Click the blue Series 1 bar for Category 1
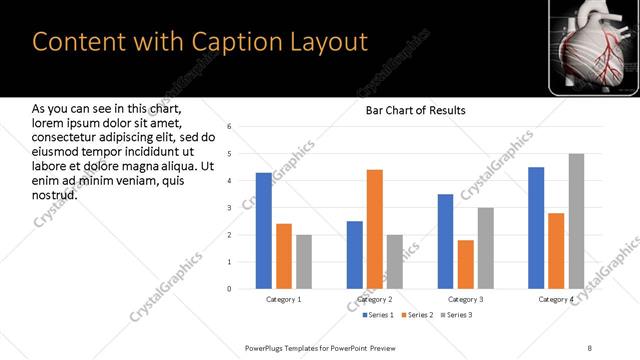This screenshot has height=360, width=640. coord(264,231)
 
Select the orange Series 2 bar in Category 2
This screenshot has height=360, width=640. coord(375,229)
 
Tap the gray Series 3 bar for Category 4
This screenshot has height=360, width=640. coord(576,221)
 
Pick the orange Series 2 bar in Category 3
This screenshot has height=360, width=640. coord(466,264)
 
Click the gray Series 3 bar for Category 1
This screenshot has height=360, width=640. coord(304,262)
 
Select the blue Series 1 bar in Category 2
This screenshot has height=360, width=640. coord(355,255)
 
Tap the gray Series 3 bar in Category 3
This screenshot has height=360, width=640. coord(486,248)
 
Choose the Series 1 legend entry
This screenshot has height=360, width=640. coord(379,315)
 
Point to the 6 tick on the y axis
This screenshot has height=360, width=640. coord(229,127)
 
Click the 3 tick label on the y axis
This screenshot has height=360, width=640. coord(229,208)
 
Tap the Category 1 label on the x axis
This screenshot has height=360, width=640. coord(284,299)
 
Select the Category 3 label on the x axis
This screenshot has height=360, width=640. coord(466,299)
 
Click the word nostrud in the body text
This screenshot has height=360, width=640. coord(55,193)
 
